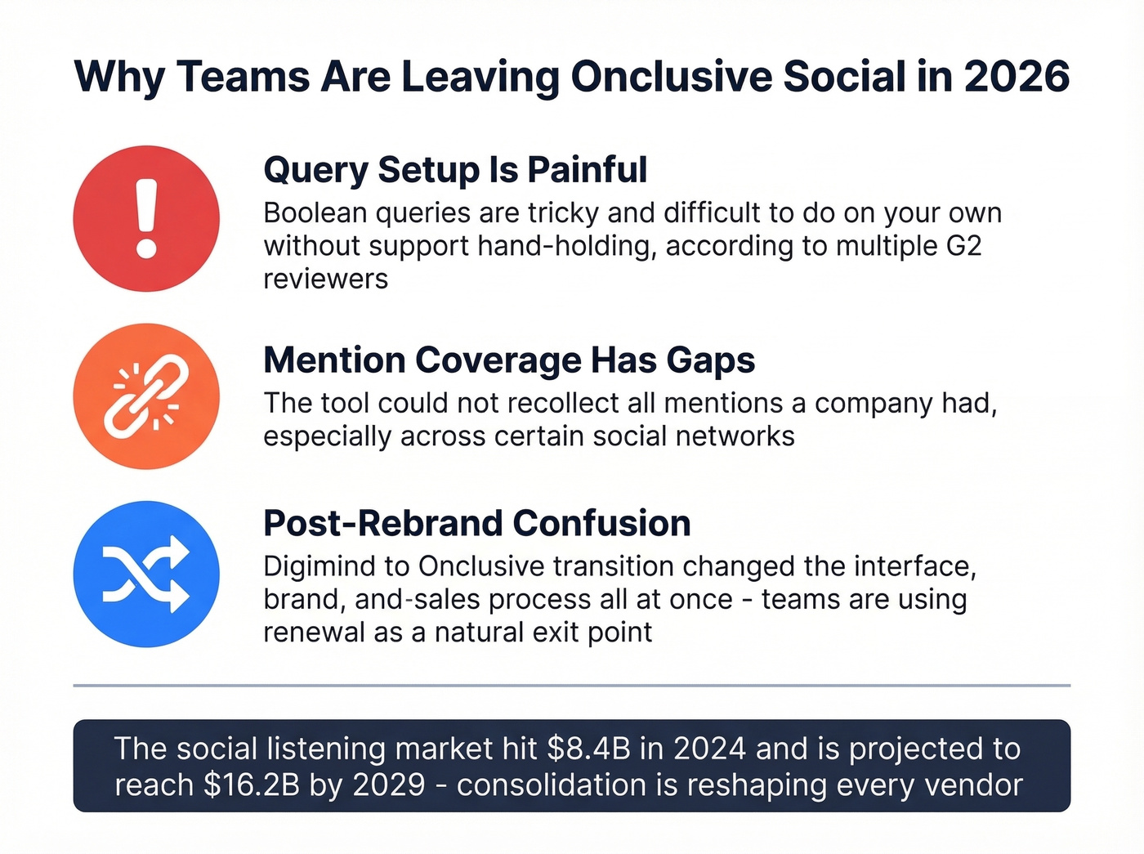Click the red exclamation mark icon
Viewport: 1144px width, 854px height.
click(x=146, y=218)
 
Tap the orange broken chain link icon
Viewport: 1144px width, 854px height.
click(x=146, y=396)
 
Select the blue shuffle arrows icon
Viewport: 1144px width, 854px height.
click(x=146, y=574)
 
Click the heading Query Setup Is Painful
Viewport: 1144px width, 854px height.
click(x=455, y=170)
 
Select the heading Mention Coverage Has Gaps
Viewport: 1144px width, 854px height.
click(x=509, y=360)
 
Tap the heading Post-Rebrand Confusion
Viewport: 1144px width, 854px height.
click(x=477, y=524)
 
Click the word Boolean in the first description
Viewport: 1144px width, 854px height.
click(x=315, y=213)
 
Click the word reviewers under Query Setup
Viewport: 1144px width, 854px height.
click(x=325, y=279)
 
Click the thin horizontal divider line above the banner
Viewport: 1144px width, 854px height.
click(x=572, y=685)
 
